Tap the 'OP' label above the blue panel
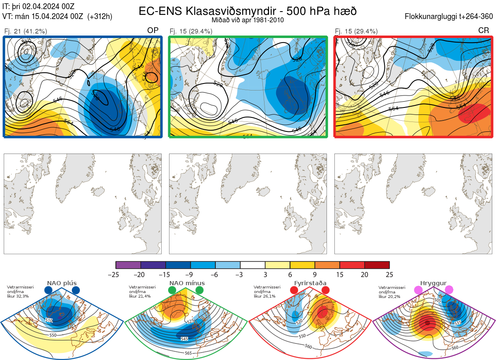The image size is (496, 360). [x=153, y=31]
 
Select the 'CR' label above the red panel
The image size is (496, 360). [x=484, y=31]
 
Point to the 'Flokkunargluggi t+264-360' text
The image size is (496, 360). [x=450, y=17]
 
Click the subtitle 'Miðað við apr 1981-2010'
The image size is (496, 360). [x=248, y=20]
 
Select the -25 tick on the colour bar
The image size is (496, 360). [x=116, y=274]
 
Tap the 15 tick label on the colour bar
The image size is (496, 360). [x=340, y=274]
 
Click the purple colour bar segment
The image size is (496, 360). [x=128, y=265]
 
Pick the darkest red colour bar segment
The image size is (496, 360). [x=377, y=265]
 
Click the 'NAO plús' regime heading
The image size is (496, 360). [x=62, y=283]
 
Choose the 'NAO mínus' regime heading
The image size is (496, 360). [x=187, y=283]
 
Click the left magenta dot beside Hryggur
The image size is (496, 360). [x=419, y=290]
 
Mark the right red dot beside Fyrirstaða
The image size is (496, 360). [x=325, y=290]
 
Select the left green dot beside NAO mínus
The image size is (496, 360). [x=172, y=290]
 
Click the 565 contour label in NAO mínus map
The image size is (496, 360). [x=188, y=353]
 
